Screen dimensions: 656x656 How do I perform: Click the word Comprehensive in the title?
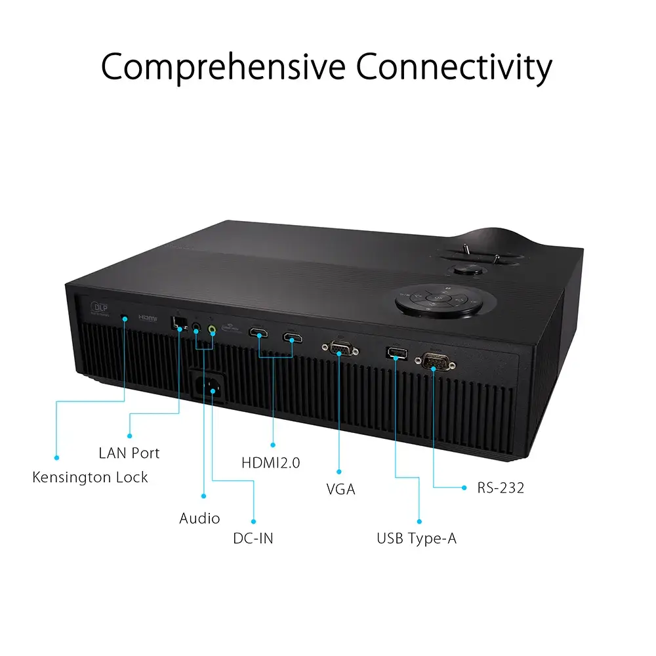pyautogui.click(x=222, y=68)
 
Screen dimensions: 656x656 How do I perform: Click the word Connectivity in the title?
pyautogui.click(x=454, y=68)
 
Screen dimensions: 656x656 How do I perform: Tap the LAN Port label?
pyautogui.click(x=129, y=453)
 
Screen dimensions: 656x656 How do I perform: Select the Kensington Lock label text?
pyautogui.click(x=91, y=477)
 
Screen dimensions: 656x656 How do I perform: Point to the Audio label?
pyautogui.click(x=199, y=518)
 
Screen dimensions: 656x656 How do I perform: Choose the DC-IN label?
pyautogui.click(x=253, y=539)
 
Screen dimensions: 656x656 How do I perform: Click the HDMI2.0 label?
pyautogui.click(x=271, y=462)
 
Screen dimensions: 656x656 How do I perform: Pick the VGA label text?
pyautogui.click(x=340, y=489)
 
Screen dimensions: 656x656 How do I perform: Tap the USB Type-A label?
pyautogui.click(x=417, y=539)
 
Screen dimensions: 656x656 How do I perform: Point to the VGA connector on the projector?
pyautogui.click(x=338, y=349)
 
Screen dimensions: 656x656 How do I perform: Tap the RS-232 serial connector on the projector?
pyautogui.click(x=434, y=361)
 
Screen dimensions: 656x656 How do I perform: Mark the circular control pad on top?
pyautogui.click(x=436, y=299)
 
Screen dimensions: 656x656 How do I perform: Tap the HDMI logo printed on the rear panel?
pyautogui.click(x=148, y=318)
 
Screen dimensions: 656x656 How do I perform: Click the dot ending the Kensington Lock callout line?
pyautogui.click(x=56, y=457)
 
